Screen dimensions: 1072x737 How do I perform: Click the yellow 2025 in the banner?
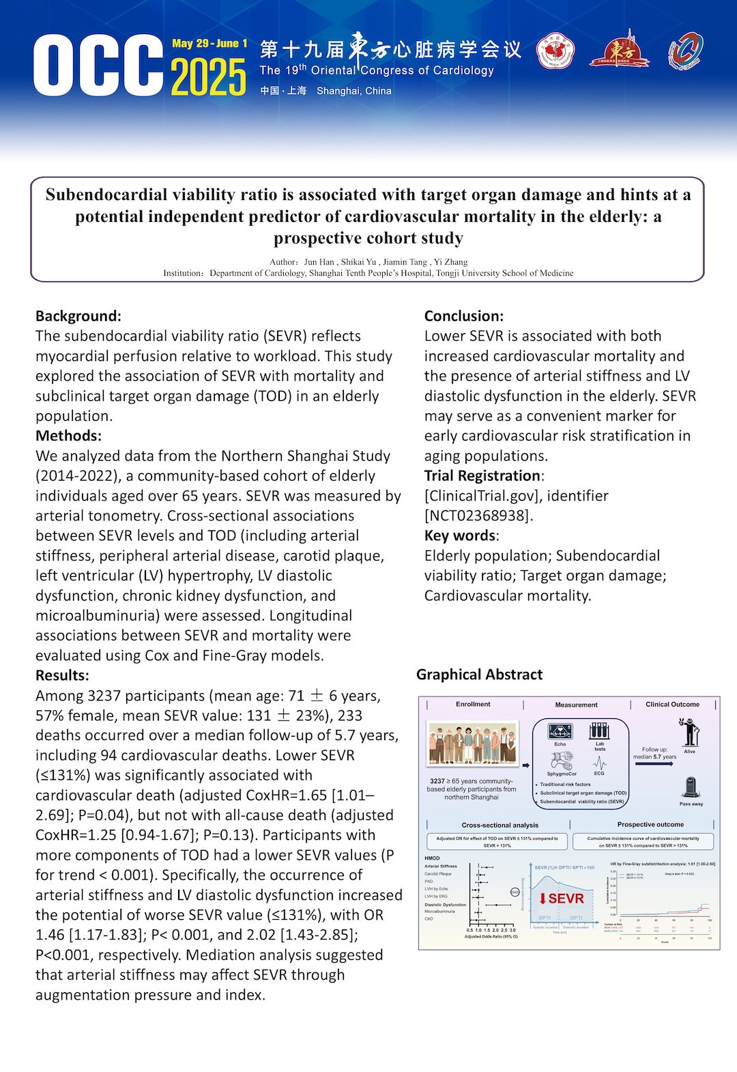pos(208,77)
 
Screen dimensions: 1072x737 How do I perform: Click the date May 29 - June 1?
pos(209,44)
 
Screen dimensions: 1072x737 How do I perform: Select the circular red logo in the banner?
pos(555,53)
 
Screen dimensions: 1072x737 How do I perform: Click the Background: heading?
pos(78,316)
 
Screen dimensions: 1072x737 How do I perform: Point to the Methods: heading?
pos(68,436)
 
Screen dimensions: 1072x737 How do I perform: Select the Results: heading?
pos(62,675)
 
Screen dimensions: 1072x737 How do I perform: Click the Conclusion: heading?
pos(464,316)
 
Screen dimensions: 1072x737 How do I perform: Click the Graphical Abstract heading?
pos(479,675)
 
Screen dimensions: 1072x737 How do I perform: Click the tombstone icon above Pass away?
pos(691,787)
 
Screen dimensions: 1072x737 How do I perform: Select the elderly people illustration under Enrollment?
pos(472,744)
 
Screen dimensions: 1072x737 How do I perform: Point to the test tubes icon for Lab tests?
pos(599,731)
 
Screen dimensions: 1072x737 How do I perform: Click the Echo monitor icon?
pos(560,731)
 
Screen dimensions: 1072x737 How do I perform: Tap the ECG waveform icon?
pos(599,763)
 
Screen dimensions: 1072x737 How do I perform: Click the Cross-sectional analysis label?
pos(500,825)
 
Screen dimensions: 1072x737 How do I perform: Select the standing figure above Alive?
pos(689,733)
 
